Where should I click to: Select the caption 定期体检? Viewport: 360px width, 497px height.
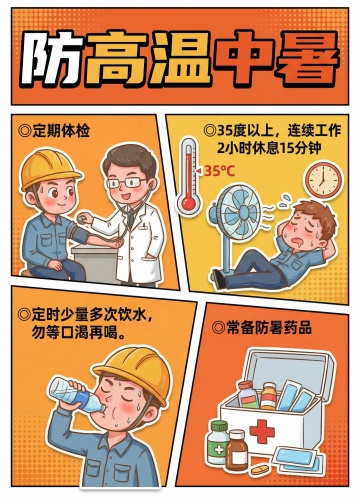click(x=55, y=130)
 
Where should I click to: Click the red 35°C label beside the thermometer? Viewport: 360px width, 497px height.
click(x=219, y=171)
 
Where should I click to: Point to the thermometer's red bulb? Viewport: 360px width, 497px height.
click(x=188, y=202)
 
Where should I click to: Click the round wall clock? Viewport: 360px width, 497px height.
click(x=323, y=180)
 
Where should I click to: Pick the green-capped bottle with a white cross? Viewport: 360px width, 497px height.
click(x=218, y=442)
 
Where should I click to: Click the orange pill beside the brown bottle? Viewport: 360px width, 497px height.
click(x=260, y=470)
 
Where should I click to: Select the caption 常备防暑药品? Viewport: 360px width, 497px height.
click(x=262, y=328)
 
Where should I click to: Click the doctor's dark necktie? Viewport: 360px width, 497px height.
click(x=131, y=219)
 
